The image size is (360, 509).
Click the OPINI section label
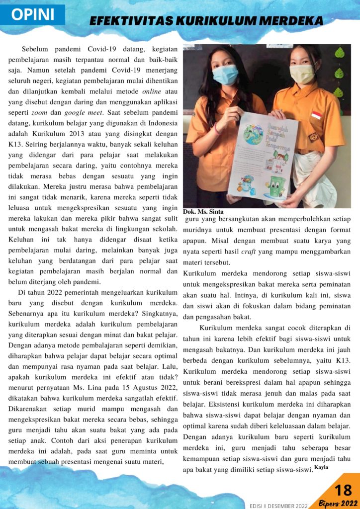[33, 14]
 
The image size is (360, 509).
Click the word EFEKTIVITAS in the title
[129, 21]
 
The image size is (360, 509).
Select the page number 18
[343, 490]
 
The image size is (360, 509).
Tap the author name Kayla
[321, 468]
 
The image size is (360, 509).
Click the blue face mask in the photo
[225, 75]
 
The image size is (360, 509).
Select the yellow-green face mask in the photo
[302, 74]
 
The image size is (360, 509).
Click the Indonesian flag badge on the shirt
[316, 115]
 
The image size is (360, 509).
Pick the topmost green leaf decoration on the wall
[340, 52]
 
